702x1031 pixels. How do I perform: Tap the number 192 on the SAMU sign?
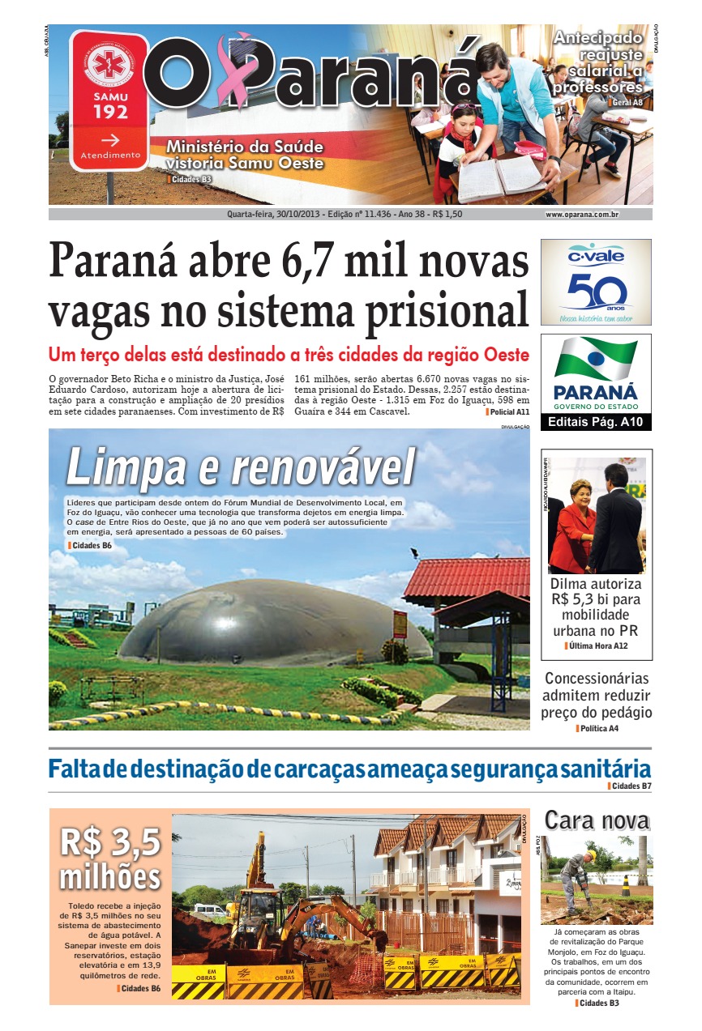(x=110, y=112)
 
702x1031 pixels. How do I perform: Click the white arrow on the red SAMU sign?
(x=110, y=138)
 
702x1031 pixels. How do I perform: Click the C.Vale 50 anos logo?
(x=596, y=282)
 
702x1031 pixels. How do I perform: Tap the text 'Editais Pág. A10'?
(x=596, y=422)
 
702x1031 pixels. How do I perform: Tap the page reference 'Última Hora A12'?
(x=597, y=645)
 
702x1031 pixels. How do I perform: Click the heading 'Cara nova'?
(x=597, y=820)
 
